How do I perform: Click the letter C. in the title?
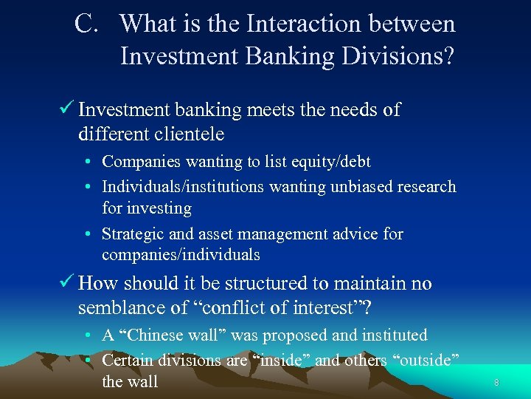(x=87, y=24)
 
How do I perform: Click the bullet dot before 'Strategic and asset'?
(x=88, y=235)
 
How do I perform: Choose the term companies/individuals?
(x=181, y=255)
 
